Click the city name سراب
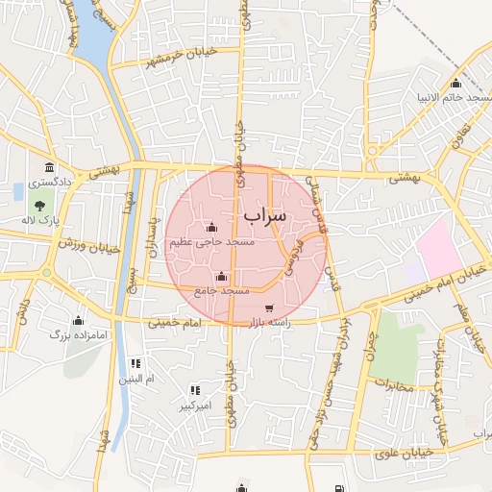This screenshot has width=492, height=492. pyautogui.click(x=265, y=217)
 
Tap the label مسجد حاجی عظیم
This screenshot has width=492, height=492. pyautogui.click(x=212, y=242)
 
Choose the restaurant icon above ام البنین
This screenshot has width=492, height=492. pyautogui.click(x=135, y=363)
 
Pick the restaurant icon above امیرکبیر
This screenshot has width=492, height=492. pyautogui.click(x=195, y=390)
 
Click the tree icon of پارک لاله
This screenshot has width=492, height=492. pyautogui.click(x=39, y=204)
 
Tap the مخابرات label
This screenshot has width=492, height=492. pyautogui.click(x=394, y=387)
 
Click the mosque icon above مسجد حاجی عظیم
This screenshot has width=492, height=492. pyautogui.click(x=211, y=228)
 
